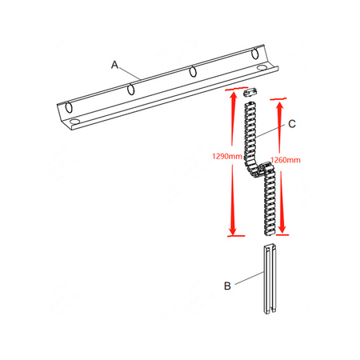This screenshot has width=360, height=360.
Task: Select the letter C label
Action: tap(292, 124)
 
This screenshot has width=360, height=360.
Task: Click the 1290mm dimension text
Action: tap(226, 157)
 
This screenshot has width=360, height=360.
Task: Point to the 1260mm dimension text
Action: tap(286, 160)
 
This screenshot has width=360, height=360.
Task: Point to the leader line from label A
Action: tap(132, 73)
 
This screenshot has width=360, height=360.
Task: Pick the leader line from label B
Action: tap(248, 277)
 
